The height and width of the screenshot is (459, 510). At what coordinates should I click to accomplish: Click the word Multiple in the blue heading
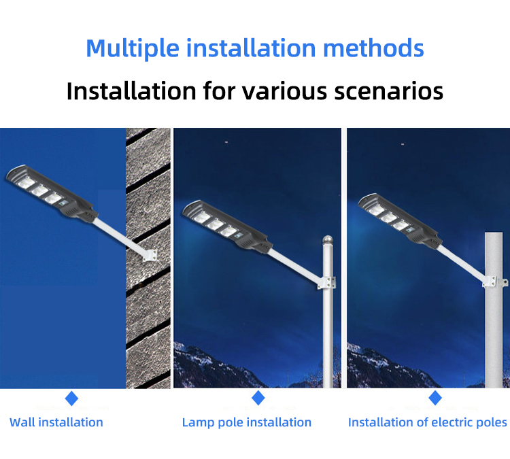coord(133,49)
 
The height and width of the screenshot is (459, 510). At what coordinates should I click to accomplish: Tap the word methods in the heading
coord(374,48)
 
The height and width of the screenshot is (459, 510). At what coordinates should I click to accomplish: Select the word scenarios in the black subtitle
coord(389,91)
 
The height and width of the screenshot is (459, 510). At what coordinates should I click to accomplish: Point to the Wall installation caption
coord(56,422)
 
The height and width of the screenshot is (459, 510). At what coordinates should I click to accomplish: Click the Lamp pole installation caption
coord(247,422)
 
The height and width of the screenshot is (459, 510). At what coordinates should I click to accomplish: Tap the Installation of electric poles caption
coord(428,422)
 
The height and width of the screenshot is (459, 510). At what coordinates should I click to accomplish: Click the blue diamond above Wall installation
coord(71,398)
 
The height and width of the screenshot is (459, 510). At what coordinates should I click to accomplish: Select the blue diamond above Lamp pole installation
coord(258,398)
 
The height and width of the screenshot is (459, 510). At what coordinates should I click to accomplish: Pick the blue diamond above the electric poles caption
coord(435,398)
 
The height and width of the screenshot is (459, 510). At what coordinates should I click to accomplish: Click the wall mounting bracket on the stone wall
coord(150,256)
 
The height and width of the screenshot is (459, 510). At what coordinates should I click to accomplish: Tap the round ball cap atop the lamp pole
coord(328,240)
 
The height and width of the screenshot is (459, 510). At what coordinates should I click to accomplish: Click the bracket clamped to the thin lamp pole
coord(326,282)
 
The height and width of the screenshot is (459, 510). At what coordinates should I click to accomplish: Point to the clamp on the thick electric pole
coord(495,282)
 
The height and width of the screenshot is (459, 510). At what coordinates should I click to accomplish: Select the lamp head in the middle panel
coord(227,227)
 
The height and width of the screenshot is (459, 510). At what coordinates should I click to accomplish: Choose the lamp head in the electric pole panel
coord(400,221)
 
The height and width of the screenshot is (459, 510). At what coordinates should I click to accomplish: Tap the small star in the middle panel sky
coord(226,142)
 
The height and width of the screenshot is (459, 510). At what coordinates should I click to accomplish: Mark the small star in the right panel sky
coord(403,143)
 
